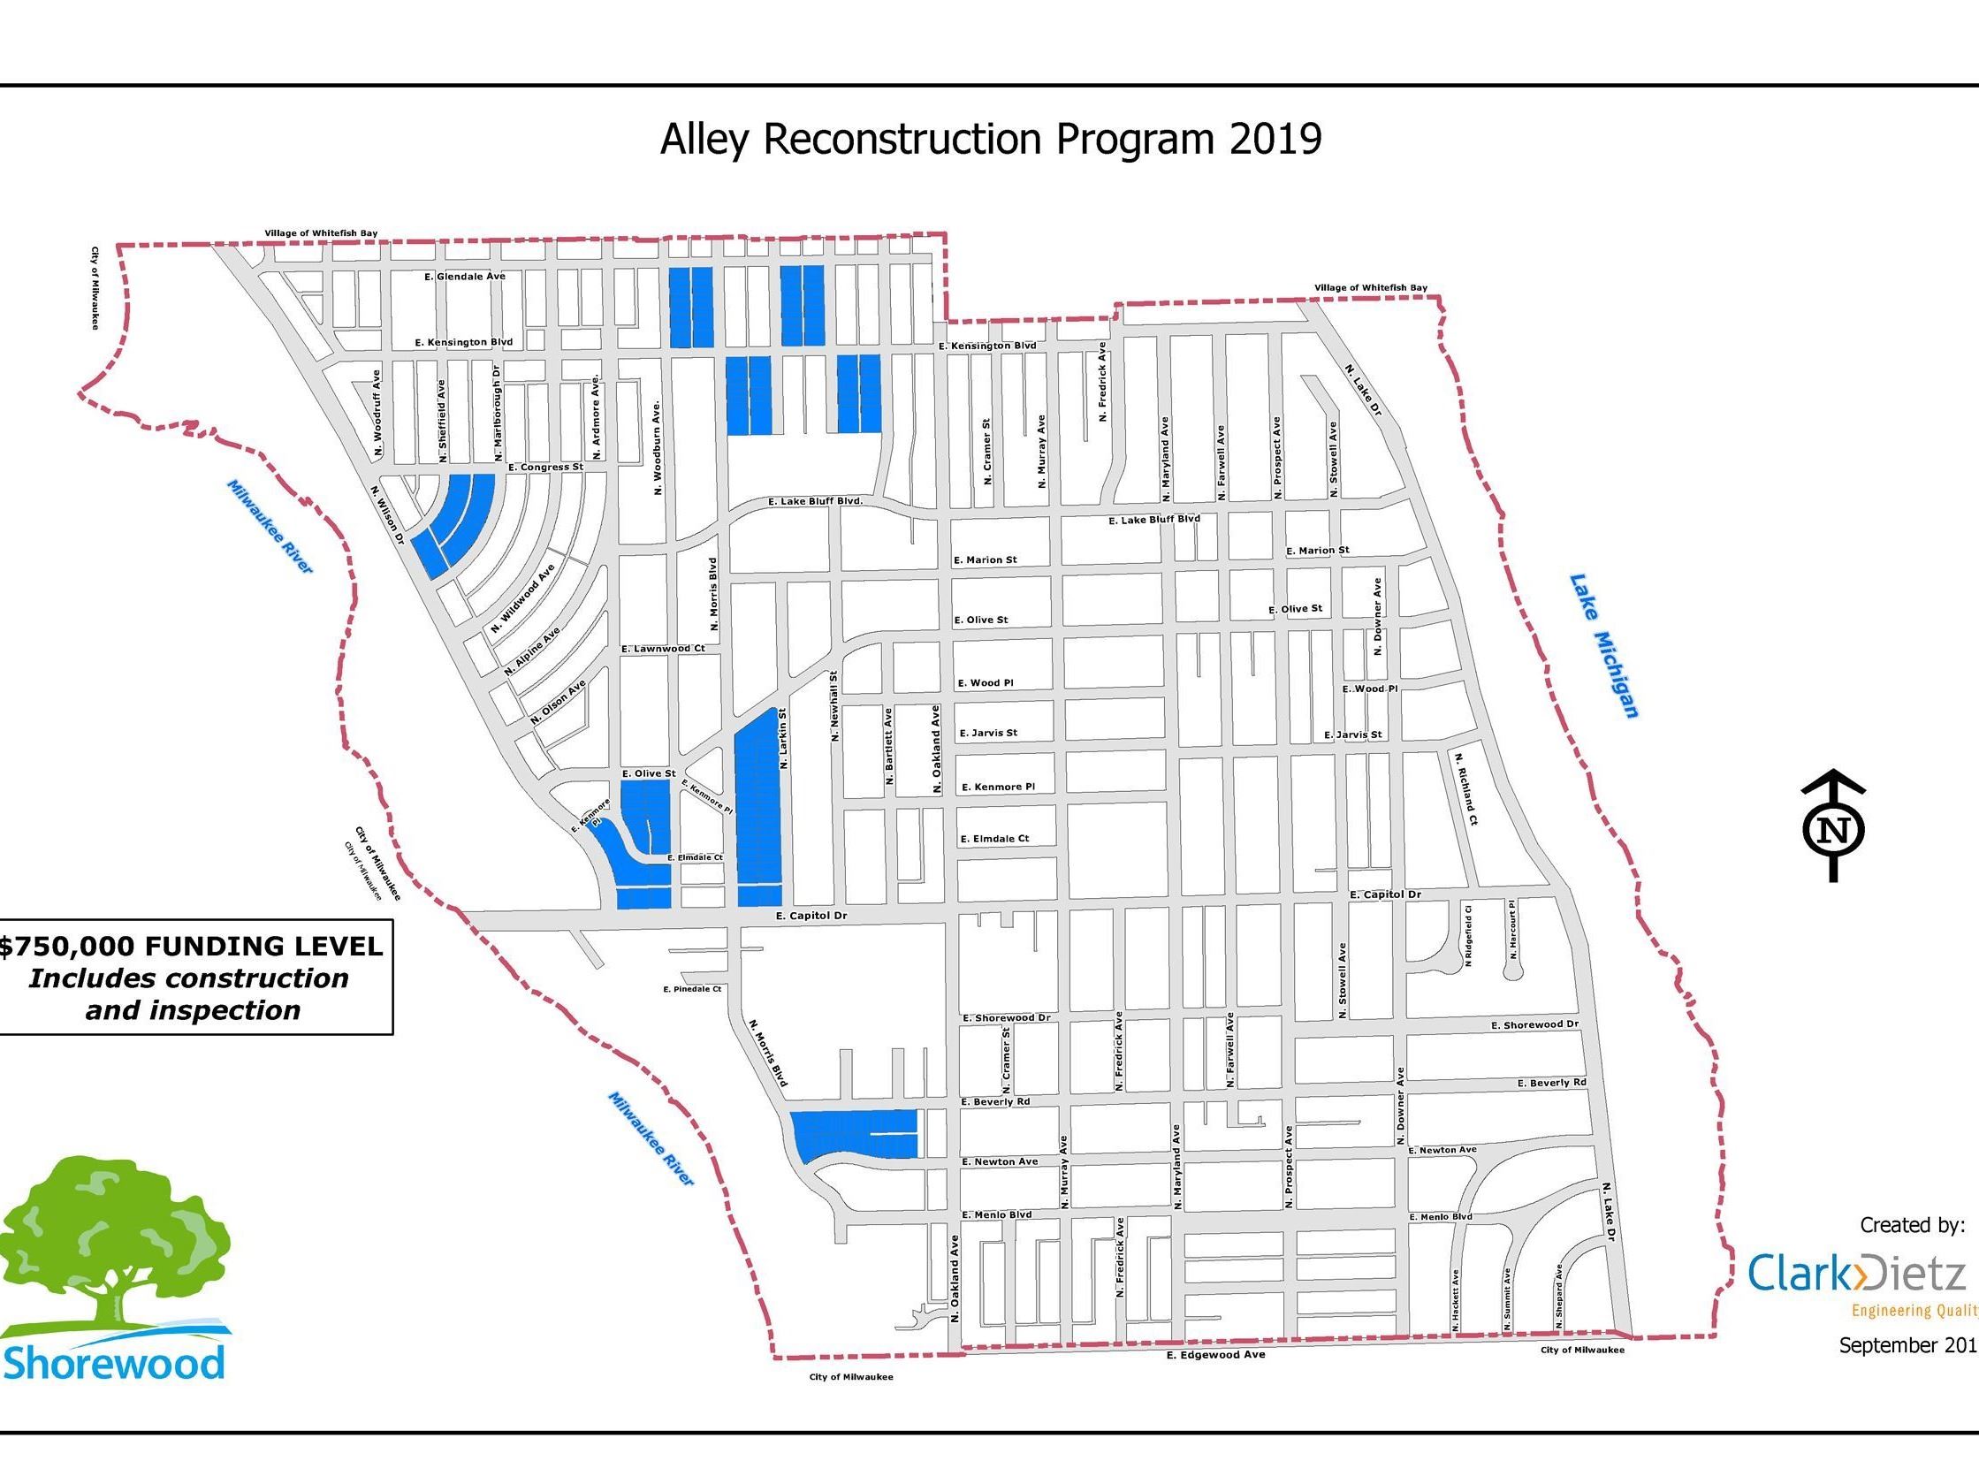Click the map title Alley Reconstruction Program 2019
(991, 140)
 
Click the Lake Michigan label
(1605, 645)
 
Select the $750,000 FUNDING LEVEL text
(192, 947)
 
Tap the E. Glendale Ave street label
(464, 277)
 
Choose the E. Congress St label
(544, 467)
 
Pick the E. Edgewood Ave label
(1216, 1354)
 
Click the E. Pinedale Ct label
(691, 989)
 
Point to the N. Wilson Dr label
(387, 515)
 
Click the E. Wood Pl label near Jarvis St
(985, 682)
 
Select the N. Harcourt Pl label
(1513, 930)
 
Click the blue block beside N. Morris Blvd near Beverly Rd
(855, 1134)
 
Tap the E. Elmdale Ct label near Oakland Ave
(994, 839)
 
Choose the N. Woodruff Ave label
(377, 416)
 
